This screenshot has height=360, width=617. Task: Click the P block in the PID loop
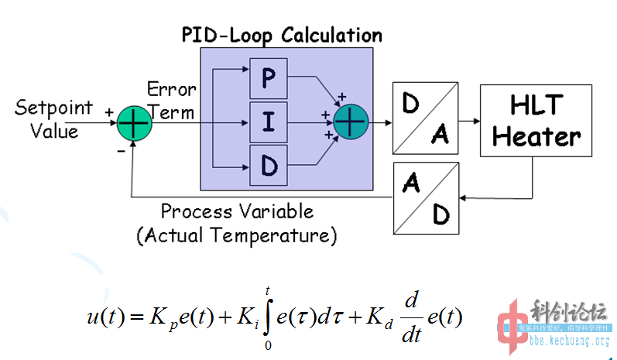pos(268,77)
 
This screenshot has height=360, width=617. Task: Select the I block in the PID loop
pos(268,122)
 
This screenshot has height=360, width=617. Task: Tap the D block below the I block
pos(268,166)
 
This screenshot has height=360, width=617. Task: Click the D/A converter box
pos(425,118)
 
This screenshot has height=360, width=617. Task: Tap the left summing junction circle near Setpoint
pos(135,122)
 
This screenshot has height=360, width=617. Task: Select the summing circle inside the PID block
pos(351,121)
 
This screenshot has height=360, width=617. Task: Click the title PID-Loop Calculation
pos(282,36)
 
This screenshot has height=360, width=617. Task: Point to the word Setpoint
pos(53,108)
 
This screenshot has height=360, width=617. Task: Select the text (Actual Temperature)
pos(237,234)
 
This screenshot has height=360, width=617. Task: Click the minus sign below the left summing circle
pos(122,151)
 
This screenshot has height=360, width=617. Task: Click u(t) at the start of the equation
pos(105,317)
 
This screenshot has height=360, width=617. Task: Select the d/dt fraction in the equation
pos(411,317)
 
